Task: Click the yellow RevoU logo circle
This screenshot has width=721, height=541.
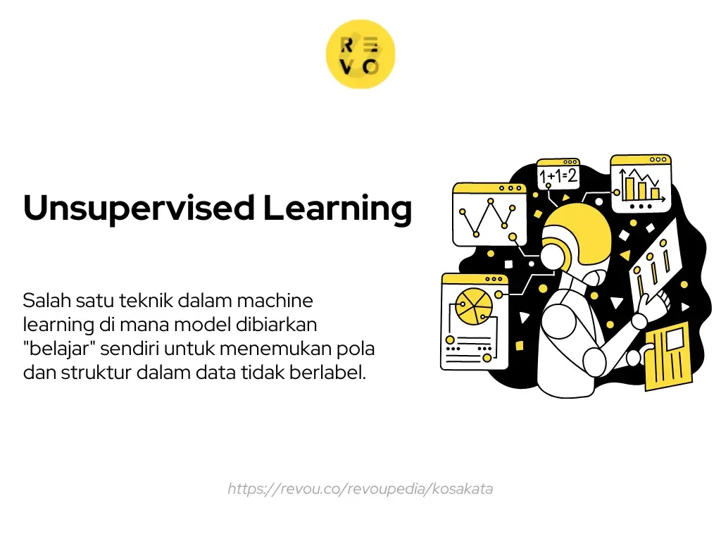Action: (360, 54)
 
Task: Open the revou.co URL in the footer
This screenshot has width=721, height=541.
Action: (360, 489)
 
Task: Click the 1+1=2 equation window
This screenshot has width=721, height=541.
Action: (558, 174)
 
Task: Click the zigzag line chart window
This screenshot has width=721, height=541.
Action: (489, 215)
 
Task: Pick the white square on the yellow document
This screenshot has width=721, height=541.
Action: (677, 339)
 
